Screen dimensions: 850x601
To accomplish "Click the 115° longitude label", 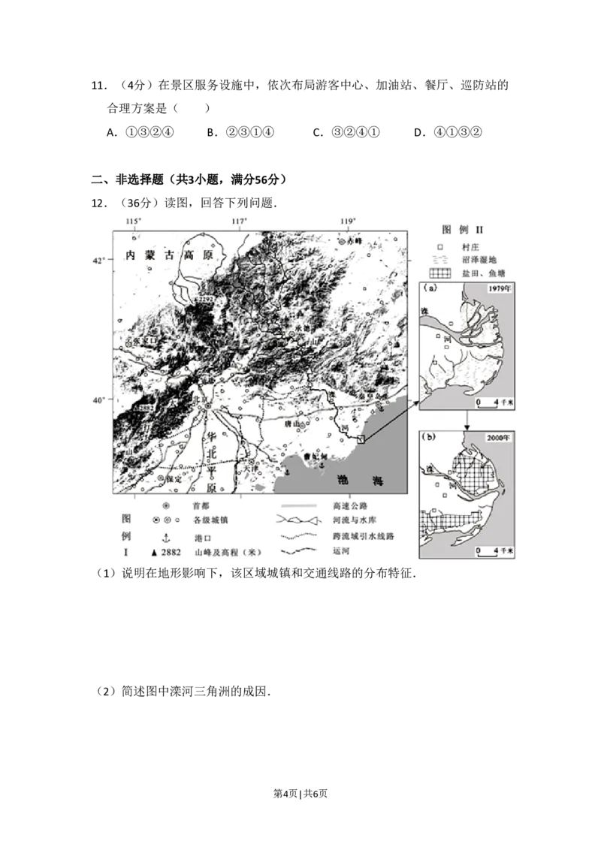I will (x=134, y=220).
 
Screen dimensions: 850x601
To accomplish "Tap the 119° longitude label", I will (x=348, y=220).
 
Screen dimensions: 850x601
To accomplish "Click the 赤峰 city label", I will (x=354, y=242).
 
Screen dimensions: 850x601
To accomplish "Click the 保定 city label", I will (x=173, y=478).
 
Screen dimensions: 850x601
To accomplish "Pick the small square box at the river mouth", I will (x=361, y=440).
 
